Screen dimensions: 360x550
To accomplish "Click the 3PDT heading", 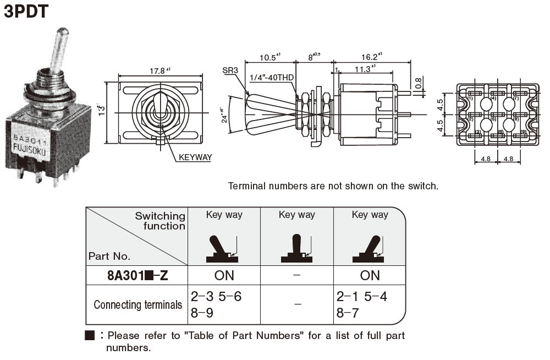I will (26, 12).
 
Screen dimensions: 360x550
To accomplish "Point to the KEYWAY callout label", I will (195, 157).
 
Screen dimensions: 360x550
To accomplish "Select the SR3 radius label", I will (230, 70).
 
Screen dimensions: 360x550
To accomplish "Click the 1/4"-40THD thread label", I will (271, 78).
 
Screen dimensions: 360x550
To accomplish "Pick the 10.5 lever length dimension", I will (270, 57).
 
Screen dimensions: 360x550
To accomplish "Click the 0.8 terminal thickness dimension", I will (419, 83).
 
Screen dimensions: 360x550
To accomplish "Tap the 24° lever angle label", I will (223, 117).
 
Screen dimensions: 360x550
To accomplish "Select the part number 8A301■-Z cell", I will (137, 276).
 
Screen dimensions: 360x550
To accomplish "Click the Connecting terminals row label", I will (137, 305).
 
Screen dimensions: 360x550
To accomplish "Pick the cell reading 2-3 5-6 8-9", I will (216, 304).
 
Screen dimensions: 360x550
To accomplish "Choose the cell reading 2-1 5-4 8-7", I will (362, 304).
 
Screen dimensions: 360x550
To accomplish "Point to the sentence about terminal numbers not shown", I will (333, 186).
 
